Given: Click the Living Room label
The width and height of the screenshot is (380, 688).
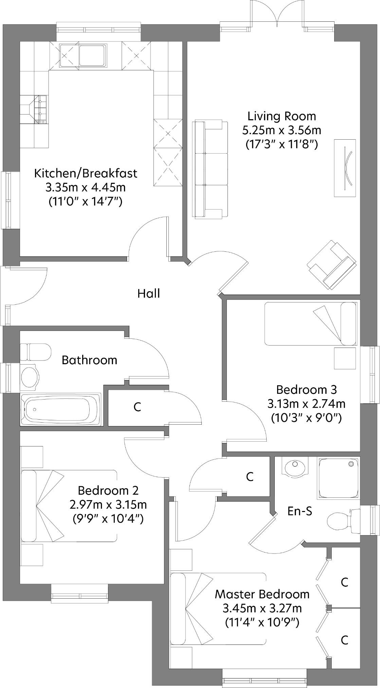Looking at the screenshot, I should (x=282, y=116).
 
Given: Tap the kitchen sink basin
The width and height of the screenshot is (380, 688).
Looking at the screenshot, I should (x=92, y=54).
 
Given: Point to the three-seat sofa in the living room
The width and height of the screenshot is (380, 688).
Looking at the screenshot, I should (x=210, y=169).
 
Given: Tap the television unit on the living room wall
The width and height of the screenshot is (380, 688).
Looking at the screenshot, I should (x=345, y=167).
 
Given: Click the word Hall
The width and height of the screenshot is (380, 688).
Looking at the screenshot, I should (x=148, y=294).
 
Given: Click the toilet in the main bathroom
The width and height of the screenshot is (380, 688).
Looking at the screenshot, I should (x=35, y=352).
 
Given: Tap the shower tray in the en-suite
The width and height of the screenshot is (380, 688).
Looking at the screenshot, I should (x=338, y=478).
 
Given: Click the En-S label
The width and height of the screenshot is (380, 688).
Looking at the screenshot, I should (x=300, y=511).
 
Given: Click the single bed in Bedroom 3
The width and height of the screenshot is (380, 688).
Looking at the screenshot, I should (x=310, y=324).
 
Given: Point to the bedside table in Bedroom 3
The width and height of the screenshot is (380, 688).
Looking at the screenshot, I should (x=345, y=358).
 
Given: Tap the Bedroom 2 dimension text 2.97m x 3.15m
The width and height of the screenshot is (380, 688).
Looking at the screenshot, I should (x=108, y=505).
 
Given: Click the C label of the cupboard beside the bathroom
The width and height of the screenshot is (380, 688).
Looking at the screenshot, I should (x=137, y=407).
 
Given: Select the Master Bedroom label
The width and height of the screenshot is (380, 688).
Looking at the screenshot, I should (x=262, y=594).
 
